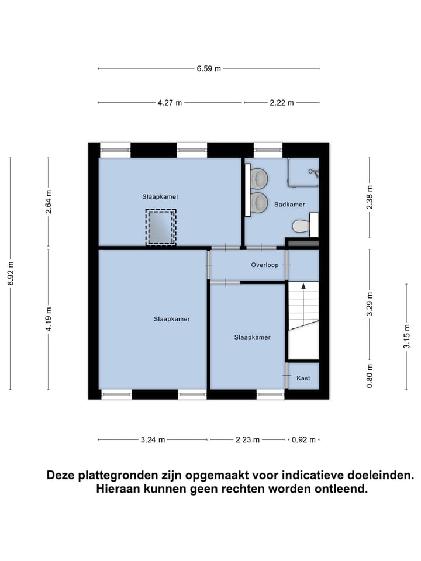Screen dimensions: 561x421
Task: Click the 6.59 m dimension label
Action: point(209,68)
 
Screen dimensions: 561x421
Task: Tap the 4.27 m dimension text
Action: point(170,103)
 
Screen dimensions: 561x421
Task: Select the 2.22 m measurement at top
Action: point(281,103)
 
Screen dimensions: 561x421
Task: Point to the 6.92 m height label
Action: point(11,273)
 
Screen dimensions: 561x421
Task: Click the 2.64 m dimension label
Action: point(49,202)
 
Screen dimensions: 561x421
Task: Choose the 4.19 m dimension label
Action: point(49,319)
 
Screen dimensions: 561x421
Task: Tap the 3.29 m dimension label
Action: point(369,304)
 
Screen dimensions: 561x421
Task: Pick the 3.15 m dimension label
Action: point(406,337)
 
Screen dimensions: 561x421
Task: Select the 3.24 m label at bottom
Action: point(153,440)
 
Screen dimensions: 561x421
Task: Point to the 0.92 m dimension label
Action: point(303,440)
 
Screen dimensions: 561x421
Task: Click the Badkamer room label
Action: point(289,205)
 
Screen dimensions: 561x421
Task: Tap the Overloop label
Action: point(265,265)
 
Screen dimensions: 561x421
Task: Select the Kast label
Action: point(303,378)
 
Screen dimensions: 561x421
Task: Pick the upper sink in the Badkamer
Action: point(258,178)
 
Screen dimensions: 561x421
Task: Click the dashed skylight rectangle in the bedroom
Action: point(160,227)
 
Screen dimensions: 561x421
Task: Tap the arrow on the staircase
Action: point(303,286)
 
